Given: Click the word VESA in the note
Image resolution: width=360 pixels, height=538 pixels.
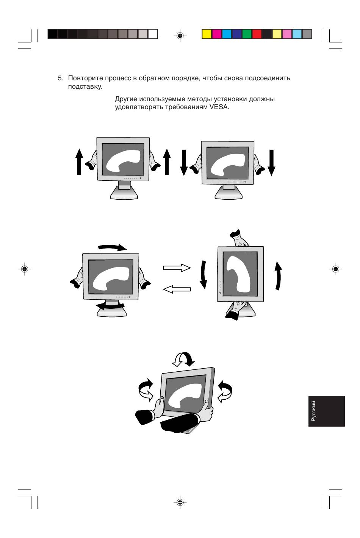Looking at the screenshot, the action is (219, 107).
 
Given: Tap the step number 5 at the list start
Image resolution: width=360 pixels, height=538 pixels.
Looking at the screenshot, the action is (60, 78).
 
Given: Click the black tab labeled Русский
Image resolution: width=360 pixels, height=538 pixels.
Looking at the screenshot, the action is (326, 411).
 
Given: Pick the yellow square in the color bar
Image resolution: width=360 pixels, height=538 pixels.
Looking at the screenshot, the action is (207, 34).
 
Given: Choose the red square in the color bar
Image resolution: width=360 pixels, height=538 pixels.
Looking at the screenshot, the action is (257, 34).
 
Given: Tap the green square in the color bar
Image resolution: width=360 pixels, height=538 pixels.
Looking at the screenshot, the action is (247, 34).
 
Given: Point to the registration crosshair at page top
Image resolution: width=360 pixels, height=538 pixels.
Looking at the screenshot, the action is (180, 36).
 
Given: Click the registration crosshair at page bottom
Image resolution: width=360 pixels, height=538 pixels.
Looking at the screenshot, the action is (180, 502).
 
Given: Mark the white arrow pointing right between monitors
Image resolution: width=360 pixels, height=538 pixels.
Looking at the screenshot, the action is (177, 268).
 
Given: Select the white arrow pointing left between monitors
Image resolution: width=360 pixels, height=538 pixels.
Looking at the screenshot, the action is (177, 289).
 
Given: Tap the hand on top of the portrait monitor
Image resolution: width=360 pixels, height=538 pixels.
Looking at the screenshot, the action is (239, 238).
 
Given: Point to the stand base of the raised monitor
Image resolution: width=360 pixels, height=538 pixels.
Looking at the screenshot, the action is (124, 194).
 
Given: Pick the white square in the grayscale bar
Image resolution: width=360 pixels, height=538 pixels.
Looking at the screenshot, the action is (153, 34).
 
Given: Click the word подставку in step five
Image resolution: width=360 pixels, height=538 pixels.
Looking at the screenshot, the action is (85, 87).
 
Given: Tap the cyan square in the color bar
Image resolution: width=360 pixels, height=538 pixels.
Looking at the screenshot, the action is (227, 34).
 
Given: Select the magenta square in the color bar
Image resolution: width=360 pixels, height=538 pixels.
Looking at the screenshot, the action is (217, 34).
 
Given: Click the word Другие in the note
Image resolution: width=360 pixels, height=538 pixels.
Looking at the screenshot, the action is (126, 99).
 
